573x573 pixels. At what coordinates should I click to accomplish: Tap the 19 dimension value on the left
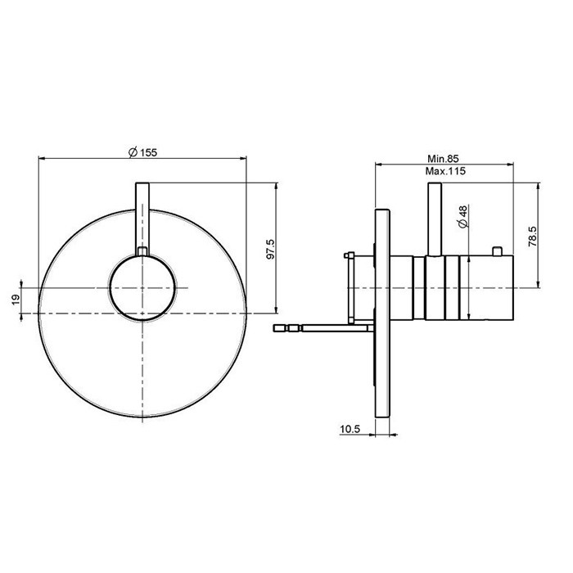(15, 300)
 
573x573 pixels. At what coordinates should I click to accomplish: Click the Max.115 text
(444, 171)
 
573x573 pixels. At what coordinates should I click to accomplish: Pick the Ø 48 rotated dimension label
(462, 218)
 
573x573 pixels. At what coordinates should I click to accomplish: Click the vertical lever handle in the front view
(142, 214)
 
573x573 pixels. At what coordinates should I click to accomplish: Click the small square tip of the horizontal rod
(281, 327)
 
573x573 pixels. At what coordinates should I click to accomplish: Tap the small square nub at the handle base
(142, 251)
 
